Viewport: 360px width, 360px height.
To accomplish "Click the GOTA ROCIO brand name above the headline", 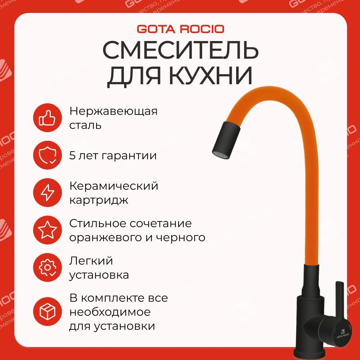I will (180, 28).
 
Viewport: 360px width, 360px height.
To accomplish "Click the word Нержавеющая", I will (113, 111).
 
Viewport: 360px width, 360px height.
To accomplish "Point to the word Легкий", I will (91, 261).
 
